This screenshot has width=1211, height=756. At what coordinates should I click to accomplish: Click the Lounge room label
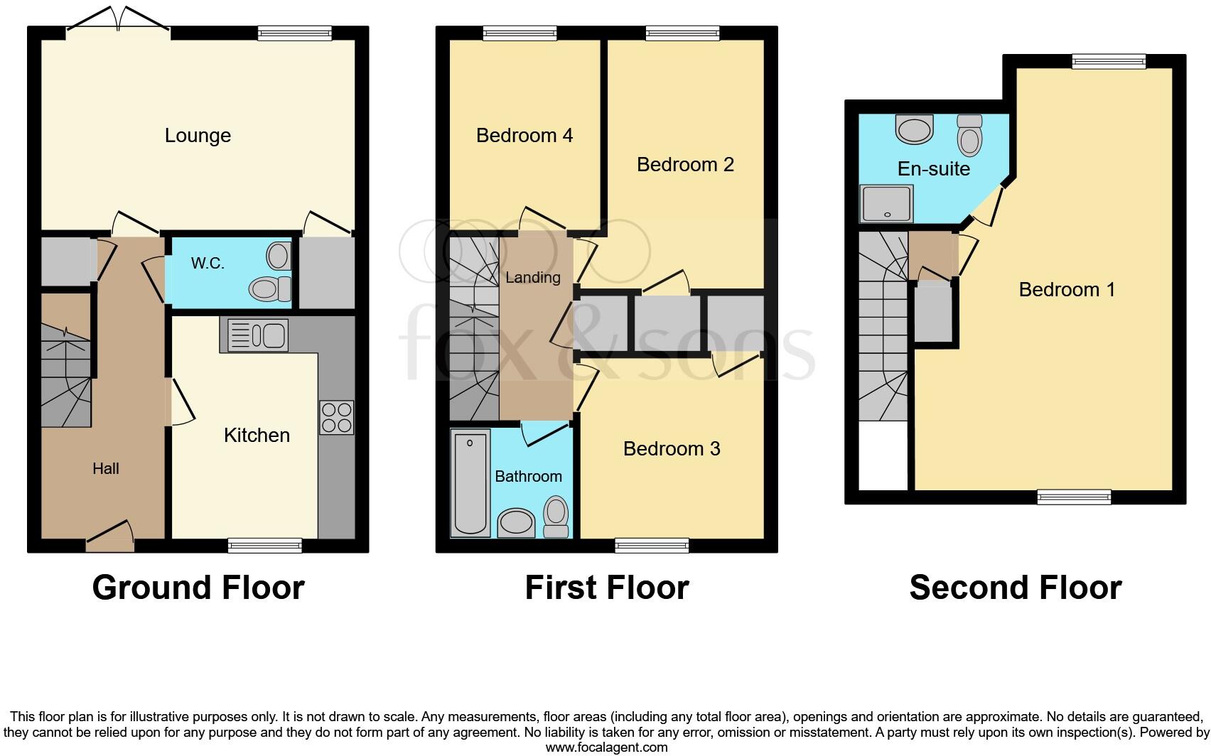point(198,135)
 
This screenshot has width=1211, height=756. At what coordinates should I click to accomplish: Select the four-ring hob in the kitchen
point(336,418)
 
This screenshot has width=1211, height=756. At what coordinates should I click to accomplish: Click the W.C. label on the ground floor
point(208,264)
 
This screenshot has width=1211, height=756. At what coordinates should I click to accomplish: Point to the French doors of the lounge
point(118,20)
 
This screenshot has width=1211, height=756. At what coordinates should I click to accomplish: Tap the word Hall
point(106,468)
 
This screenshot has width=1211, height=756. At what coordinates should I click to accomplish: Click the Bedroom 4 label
point(524,135)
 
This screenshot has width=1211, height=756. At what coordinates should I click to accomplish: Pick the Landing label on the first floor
point(533,277)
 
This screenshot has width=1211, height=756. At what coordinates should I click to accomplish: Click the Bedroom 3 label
point(672,448)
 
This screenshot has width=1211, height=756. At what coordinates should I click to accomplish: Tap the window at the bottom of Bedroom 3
point(652,545)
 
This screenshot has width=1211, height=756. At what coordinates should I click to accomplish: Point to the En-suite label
point(934,168)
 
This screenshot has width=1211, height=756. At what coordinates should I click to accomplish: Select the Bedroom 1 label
point(1067,289)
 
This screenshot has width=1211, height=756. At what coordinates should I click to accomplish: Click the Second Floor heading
point(1016,588)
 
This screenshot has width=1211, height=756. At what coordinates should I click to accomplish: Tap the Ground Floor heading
point(198,588)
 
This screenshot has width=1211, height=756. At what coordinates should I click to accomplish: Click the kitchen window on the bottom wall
point(265,545)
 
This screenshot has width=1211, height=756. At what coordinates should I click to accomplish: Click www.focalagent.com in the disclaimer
point(606,747)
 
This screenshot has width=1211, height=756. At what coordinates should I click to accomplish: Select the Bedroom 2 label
point(685,164)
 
